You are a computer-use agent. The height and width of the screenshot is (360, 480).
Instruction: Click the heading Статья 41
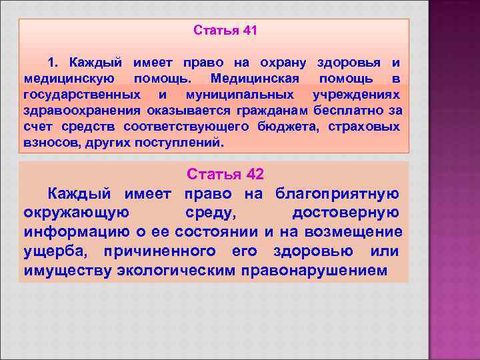225,31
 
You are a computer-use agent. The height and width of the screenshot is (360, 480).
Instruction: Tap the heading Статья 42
225,174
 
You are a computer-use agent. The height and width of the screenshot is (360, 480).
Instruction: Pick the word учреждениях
358,95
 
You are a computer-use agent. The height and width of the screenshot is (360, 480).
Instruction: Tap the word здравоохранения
82,111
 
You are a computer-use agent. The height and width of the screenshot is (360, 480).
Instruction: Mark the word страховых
367,127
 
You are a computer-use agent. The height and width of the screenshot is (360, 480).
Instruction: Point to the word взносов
51,143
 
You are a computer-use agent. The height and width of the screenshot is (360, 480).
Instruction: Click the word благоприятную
337,193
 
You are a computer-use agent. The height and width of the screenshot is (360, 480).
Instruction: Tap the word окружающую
81,213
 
